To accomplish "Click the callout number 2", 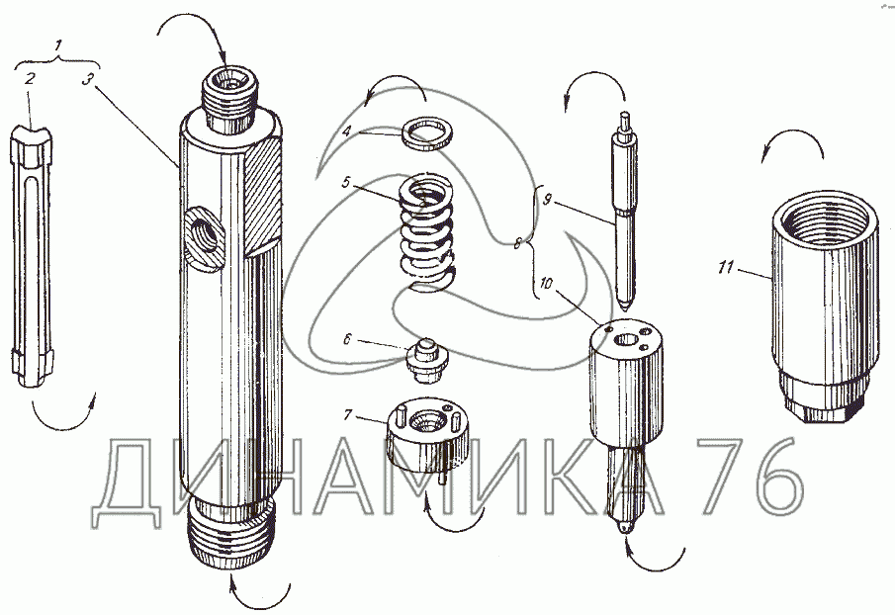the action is (29, 77).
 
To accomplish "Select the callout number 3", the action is (86, 78).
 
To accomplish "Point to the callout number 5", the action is (345, 183).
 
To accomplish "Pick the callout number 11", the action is (726, 267).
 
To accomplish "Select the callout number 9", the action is (547, 201).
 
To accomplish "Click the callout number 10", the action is (546, 284).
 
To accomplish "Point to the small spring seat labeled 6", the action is (426, 362).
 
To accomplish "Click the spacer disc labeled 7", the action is (427, 435).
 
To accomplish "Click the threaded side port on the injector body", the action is (204, 236).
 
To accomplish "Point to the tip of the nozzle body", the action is (625, 529).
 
